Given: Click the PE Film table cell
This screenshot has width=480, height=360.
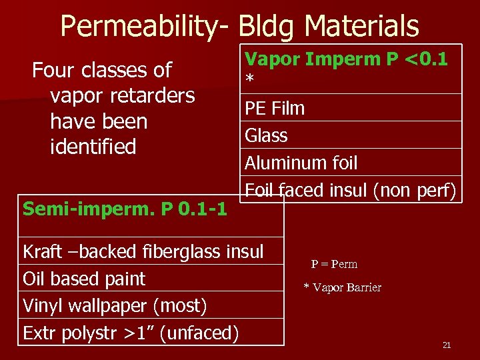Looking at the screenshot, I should pos(275,108).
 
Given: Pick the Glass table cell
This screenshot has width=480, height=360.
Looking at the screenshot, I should pos(267,135).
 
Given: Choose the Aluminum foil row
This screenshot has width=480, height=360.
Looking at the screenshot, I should pos(301,163).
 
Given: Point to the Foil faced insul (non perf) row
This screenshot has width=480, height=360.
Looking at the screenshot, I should pos(350,191).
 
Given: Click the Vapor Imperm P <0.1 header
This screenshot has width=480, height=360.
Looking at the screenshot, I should pos(346,60).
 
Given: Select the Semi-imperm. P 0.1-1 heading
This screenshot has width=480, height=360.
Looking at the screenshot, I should pos(125,209).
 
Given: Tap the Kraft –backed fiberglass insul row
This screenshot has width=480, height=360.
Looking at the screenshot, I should pos(143,251).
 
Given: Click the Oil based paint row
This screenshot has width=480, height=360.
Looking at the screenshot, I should pos(84,279).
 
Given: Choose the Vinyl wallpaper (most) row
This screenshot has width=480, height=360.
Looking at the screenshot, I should pos(115,306).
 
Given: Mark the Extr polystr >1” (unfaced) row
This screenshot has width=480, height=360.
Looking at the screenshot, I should pos(131,333).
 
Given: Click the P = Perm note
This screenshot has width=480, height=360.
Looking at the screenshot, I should pos(334,264).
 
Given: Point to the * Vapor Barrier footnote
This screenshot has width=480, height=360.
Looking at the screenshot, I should pos(342,287).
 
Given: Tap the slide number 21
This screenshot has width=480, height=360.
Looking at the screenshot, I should pos(447,345).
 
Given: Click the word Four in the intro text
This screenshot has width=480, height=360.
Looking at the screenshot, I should pos(54,70).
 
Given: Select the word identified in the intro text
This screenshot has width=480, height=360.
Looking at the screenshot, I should pos(93,147).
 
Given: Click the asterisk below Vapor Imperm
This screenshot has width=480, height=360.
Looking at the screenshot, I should pos(249,80).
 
